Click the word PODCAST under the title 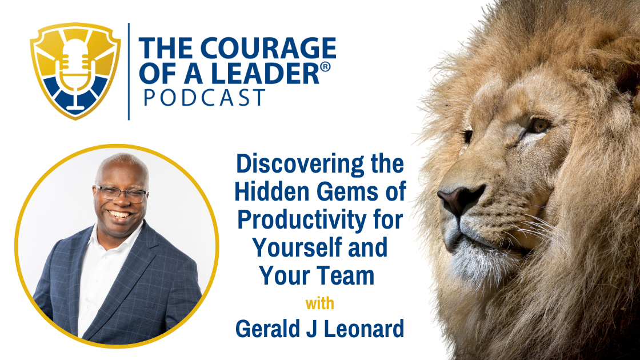(204, 97)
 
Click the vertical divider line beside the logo (129, 71)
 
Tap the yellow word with (319, 303)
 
